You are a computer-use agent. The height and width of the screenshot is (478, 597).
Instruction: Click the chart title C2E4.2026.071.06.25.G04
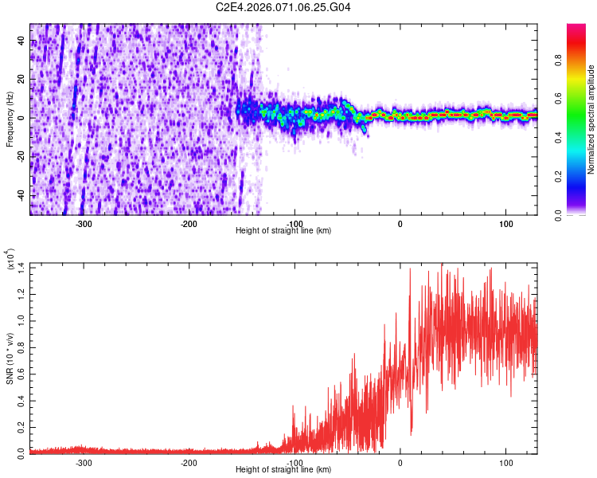(x=283, y=7)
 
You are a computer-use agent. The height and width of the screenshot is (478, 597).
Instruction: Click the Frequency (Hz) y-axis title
(x=10, y=119)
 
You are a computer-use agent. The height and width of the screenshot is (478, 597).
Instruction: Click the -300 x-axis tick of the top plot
(x=84, y=223)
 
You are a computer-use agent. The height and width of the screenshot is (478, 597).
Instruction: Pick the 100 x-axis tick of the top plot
(x=505, y=223)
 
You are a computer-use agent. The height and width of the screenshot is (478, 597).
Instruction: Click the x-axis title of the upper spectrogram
(x=283, y=231)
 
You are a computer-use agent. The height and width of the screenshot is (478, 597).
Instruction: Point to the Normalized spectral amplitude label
(x=591, y=119)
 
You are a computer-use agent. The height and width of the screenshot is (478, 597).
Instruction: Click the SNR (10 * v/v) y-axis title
(x=10, y=358)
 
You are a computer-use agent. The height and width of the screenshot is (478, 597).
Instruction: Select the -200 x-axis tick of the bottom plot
(x=189, y=462)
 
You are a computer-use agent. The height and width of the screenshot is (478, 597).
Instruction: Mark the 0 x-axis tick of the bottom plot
(x=400, y=462)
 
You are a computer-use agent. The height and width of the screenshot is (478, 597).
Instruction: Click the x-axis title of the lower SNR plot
(x=283, y=470)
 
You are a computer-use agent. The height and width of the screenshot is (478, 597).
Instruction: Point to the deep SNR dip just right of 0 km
(x=411, y=432)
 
